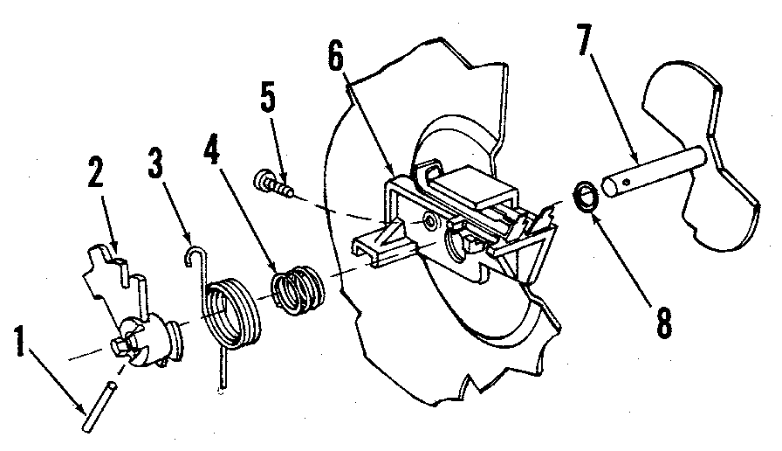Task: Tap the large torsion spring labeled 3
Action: pos(233,311)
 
